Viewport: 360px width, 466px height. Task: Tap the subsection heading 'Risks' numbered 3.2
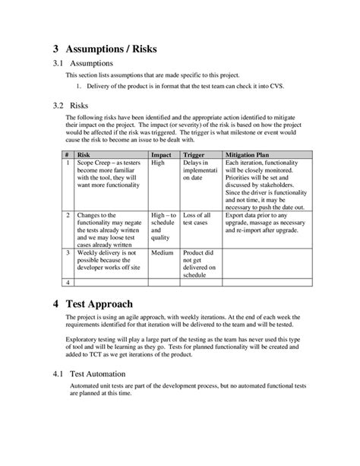point(80,105)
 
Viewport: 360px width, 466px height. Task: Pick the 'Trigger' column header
point(194,154)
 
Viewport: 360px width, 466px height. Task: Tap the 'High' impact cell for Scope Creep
point(158,163)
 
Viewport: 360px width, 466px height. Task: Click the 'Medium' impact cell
point(163,252)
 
